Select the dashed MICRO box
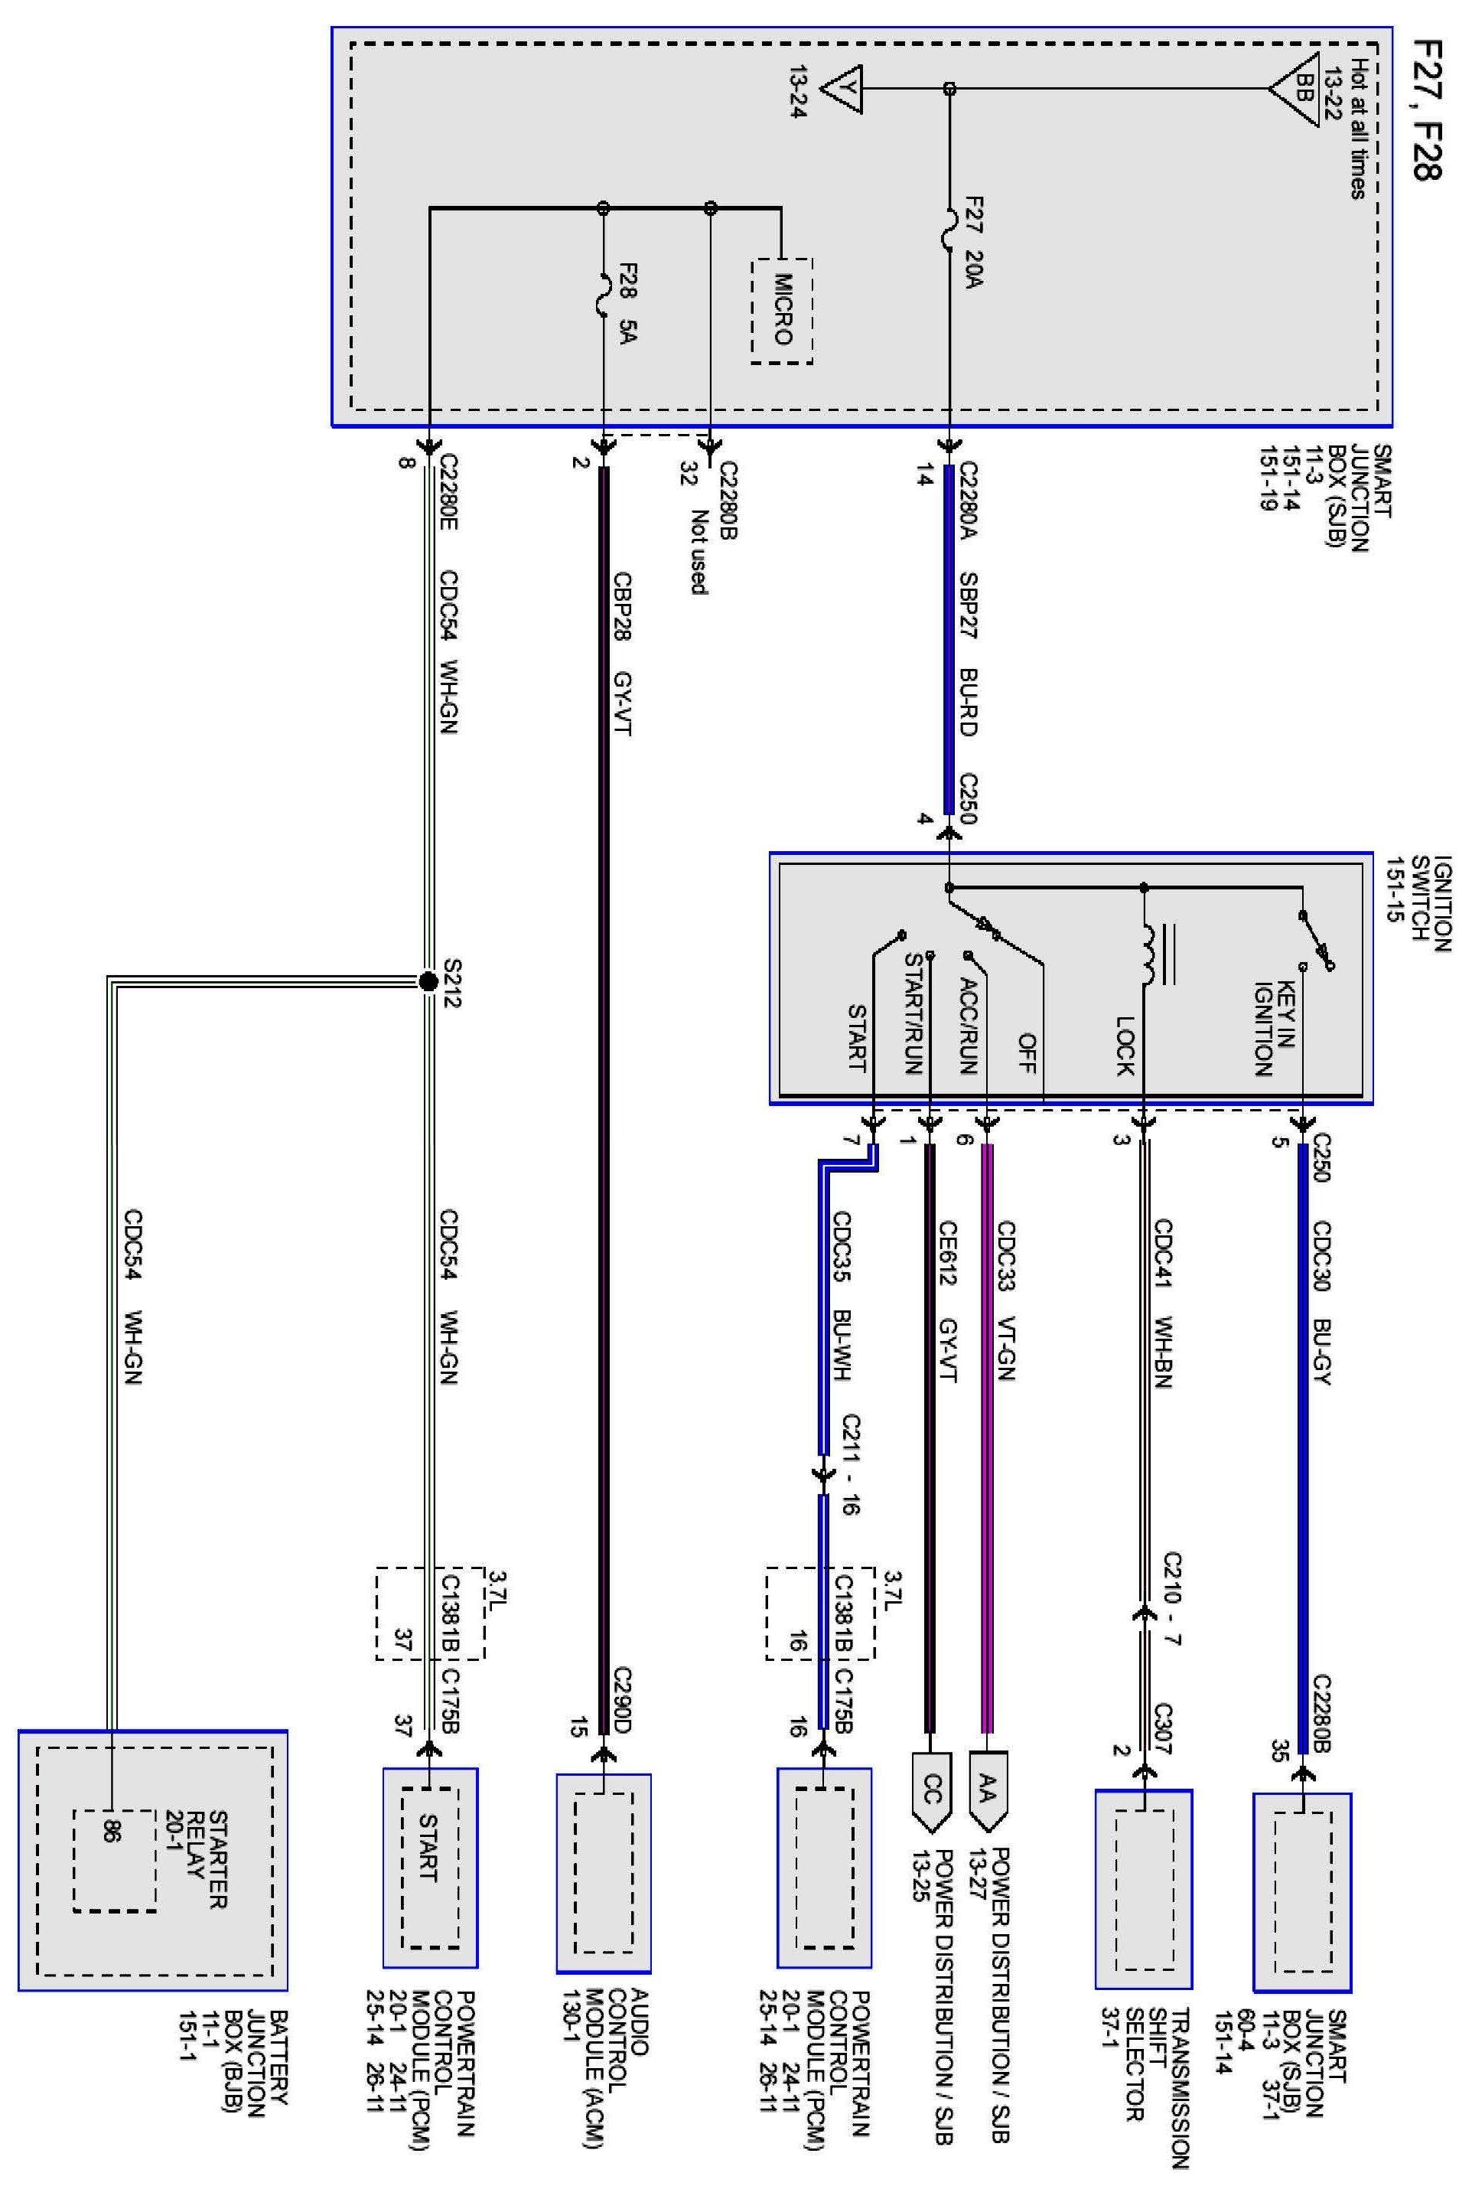coord(781,310)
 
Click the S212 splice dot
coord(428,982)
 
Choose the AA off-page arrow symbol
coord(987,1791)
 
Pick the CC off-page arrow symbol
coord(930,1791)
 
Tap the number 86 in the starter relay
coord(112,1831)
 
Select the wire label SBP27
coord(968,605)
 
